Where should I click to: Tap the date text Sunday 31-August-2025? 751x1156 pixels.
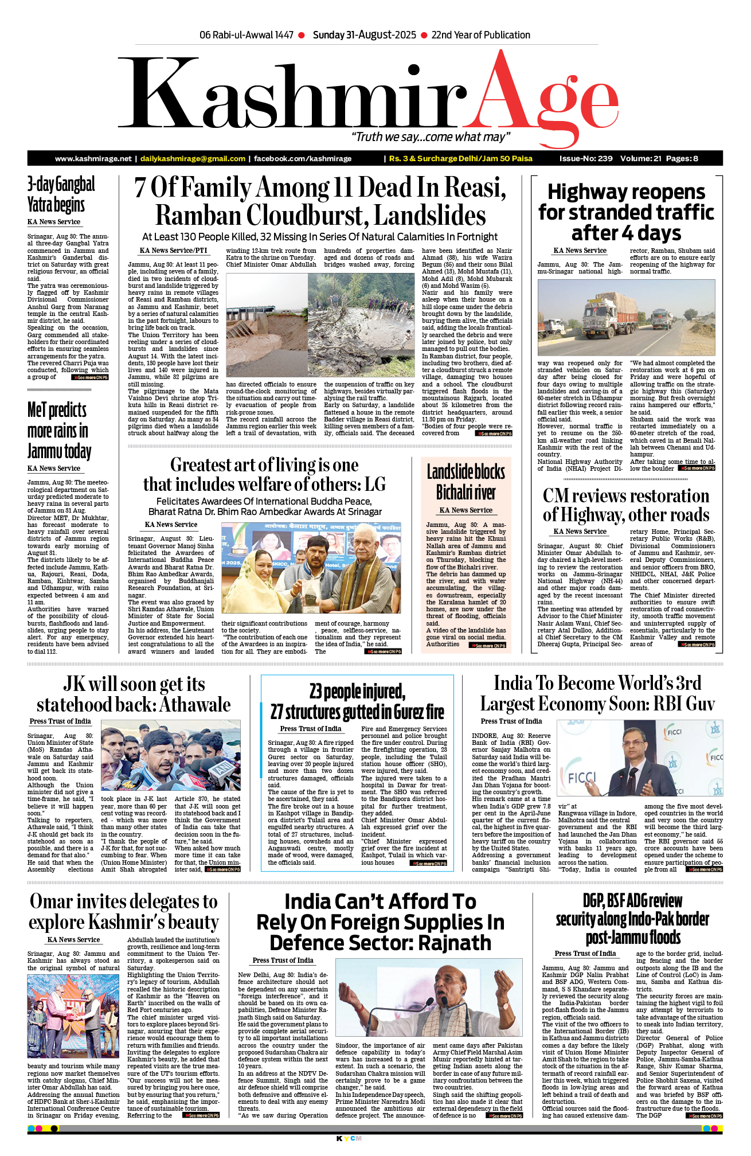point(365,35)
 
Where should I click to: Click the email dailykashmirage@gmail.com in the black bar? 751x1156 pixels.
point(193,159)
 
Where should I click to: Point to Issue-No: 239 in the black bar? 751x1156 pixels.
point(585,159)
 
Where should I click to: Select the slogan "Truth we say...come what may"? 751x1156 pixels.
point(430,137)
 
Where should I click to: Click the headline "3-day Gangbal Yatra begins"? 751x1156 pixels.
point(61,194)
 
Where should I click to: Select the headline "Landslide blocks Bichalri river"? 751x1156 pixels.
point(466,482)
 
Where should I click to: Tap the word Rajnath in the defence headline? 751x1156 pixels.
point(455,943)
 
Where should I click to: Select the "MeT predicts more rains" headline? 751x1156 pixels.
point(58,430)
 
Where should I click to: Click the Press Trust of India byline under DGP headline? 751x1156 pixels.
point(585,954)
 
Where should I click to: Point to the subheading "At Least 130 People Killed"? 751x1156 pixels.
point(319,237)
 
